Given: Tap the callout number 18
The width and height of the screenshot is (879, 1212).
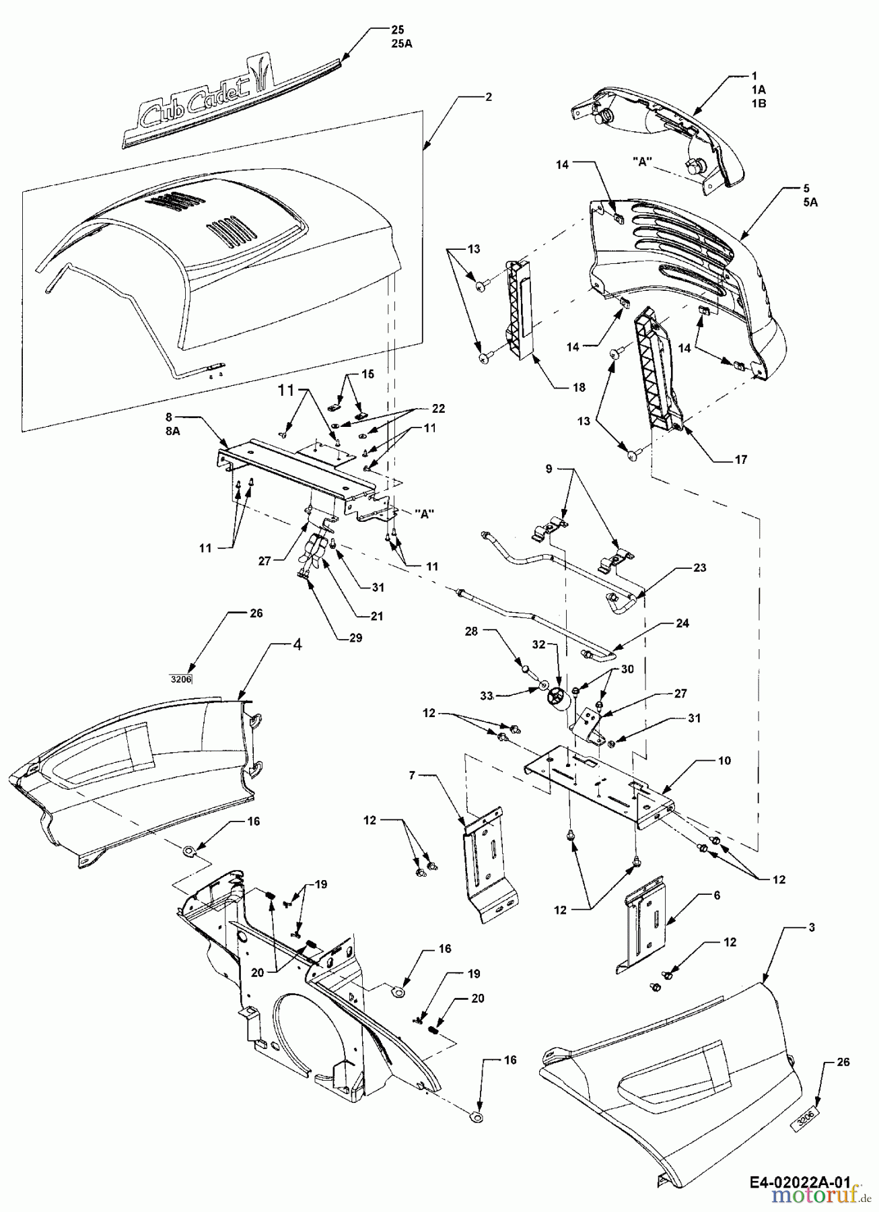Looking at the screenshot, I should tap(579, 387).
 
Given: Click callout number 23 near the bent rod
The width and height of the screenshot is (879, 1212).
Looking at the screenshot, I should tap(700, 568).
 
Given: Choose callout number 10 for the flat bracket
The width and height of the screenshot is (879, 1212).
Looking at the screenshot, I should tap(724, 760).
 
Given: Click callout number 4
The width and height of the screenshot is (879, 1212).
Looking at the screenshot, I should tap(297, 644).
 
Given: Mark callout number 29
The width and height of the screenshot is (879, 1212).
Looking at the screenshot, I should tap(355, 638).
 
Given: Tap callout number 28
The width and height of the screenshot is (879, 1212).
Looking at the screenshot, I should tap(470, 631).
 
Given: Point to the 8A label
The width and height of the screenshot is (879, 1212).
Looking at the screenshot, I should tap(173, 433).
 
